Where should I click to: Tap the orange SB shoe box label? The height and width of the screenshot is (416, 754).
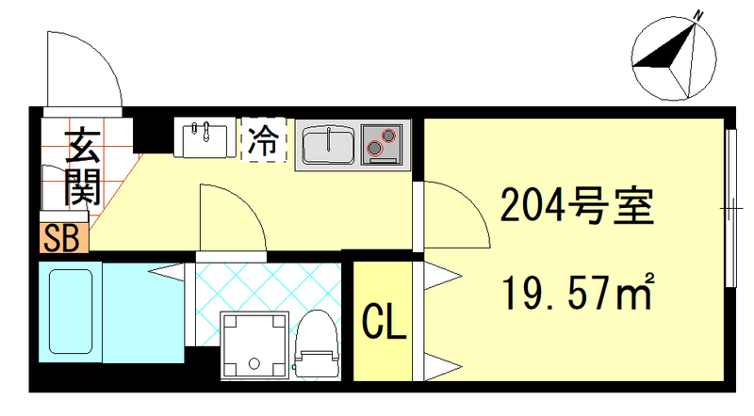point(64,238)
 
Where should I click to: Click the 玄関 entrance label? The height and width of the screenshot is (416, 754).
point(82,168)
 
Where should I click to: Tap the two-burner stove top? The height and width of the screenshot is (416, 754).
point(382,144)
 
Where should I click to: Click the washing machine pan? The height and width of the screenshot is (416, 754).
point(253,345)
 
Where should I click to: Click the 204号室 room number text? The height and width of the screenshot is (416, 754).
point(576,204)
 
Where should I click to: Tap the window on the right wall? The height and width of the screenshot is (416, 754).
point(730,207)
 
